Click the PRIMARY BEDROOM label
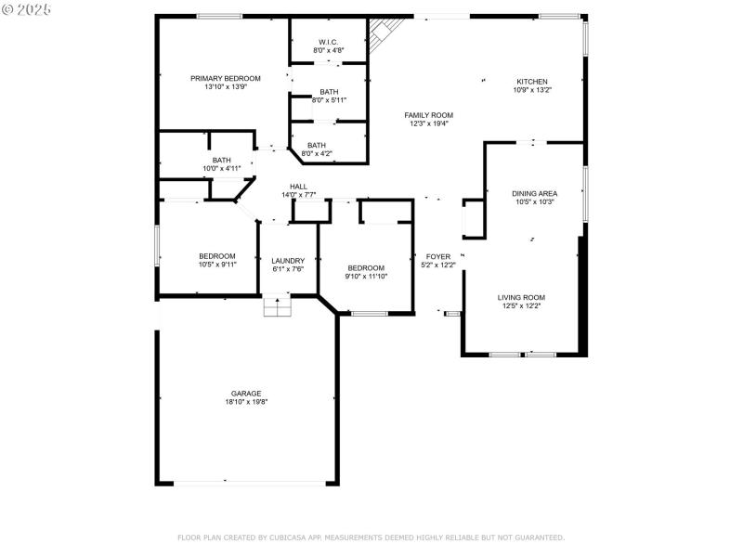coord(226,79)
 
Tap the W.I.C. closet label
coord(329,42)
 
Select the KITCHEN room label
coord(532,82)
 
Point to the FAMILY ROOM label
coord(428,115)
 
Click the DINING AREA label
coord(534,193)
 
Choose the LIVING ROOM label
coord(520,297)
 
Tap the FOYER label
coord(438,256)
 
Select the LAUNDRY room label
coord(288,261)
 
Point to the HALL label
coord(298,187)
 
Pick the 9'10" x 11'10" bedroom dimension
coord(366,276)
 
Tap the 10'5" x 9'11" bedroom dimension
coord(216,265)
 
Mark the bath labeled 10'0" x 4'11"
coord(221,164)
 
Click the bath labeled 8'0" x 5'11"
coord(329,96)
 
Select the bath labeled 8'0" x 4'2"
coord(317,149)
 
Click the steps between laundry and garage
coord(278,306)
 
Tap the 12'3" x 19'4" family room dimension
coord(428,123)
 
